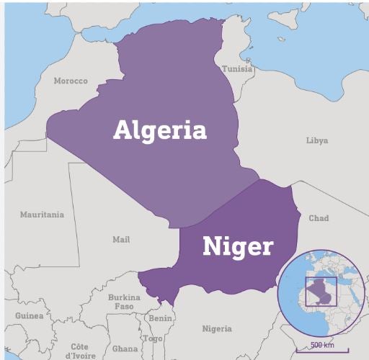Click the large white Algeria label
tap(160, 130)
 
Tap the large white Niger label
tap(238, 247)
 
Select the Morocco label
tap(71, 81)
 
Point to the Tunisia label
tap(237, 69)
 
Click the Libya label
tap(317, 140)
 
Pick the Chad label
tap(319, 218)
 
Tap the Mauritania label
tap(42, 215)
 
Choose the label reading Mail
tap(121, 239)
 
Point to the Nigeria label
tap(217, 329)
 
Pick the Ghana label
tap(125, 348)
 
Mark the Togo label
tap(152, 338)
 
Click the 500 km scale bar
tap(321, 349)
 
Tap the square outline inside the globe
tap(321, 291)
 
